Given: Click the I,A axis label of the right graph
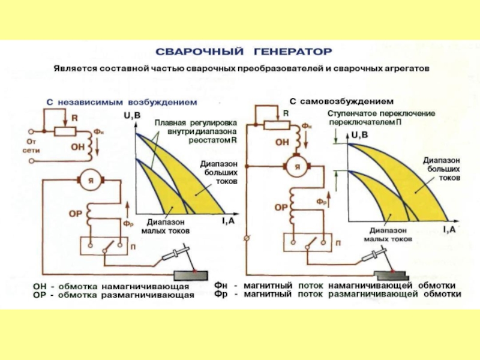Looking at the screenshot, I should [449, 229].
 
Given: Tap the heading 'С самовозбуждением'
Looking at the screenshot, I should [341, 101].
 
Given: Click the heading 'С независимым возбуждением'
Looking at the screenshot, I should [122, 103].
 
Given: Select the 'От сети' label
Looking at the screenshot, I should [30, 146].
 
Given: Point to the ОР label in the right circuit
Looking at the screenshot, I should [281, 208].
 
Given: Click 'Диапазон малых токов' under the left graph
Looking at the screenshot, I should [166, 226].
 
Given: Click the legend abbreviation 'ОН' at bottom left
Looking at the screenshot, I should [40, 287].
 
